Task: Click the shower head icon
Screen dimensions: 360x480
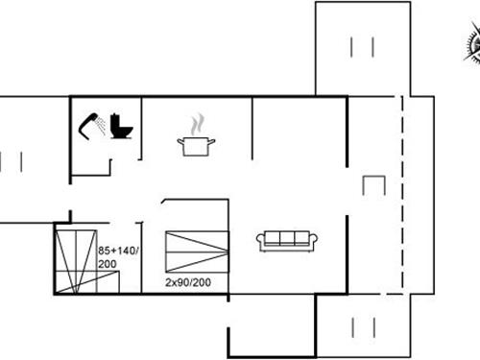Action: [93, 122]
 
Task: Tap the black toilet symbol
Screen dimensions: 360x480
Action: [122, 125]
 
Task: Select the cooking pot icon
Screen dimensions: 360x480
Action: [196, 145]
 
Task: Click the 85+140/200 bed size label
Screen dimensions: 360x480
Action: [119, 256]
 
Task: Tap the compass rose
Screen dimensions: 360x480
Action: [472, 42]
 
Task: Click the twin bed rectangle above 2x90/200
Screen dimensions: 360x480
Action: [198, 252]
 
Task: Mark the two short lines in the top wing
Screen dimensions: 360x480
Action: [362, 46]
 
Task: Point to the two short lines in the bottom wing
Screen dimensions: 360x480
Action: [362, 326]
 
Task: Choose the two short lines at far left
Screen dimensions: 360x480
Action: [10, 161]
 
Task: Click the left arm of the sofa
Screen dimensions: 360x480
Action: [260, 242]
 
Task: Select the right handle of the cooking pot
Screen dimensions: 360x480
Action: [212, 142]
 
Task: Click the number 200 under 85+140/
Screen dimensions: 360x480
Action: [107, 263]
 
